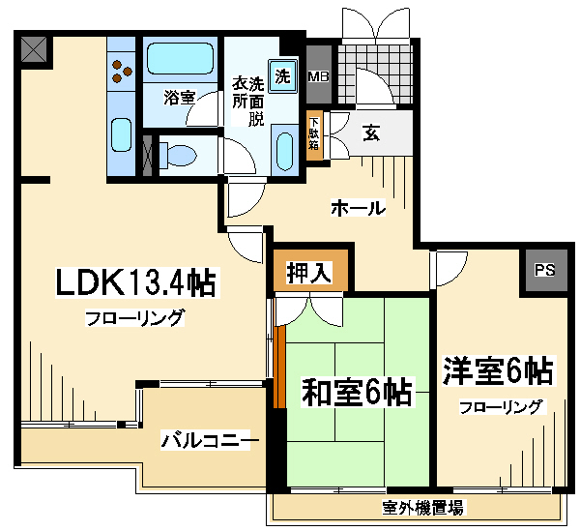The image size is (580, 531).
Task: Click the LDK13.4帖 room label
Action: point(137,282)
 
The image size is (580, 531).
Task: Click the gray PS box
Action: point(544,270)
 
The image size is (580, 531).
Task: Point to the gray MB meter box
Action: point(319,74)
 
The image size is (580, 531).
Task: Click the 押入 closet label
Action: point(309,273)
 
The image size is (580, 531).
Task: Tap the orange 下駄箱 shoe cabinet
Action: point(314,135)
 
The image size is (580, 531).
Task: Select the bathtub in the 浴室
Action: point(180,59)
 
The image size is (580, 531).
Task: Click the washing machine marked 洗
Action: point(283,75)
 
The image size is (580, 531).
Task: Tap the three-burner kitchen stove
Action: point(122,71)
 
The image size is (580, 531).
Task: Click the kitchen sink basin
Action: point(122,134)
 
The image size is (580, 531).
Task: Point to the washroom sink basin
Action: point(284,152)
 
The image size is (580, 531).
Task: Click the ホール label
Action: point(358,208)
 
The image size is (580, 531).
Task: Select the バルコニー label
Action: point(206,440)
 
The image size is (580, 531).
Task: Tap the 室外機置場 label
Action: point(422,508)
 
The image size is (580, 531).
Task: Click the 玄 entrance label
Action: point(370,133)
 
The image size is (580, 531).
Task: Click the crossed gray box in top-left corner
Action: point(34,49)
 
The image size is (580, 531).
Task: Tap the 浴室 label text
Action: point(180,97)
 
